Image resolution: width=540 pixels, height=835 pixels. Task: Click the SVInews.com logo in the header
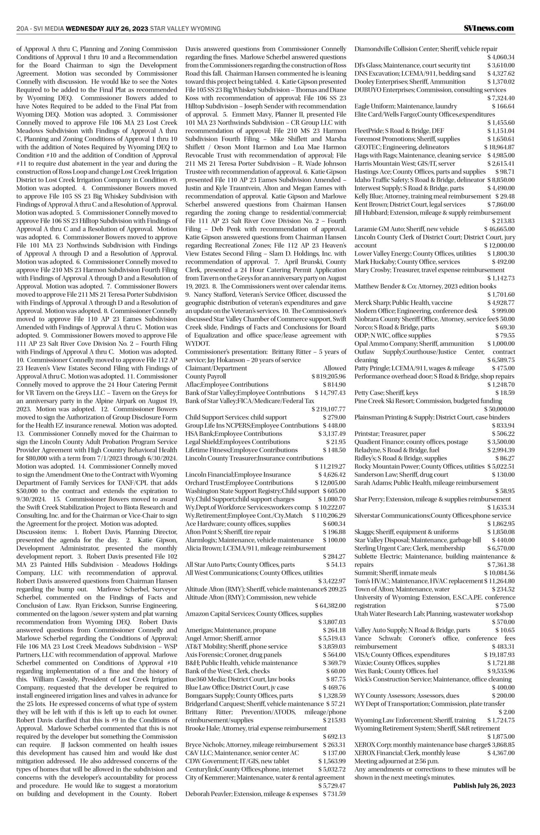[488, 29]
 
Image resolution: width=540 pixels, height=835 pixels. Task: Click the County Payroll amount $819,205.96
[328, 376]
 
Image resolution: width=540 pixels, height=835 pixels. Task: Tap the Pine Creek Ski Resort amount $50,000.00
[499, 409]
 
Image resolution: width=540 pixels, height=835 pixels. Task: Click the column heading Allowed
[335, 368]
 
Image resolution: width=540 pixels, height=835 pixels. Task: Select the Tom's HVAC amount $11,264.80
[499, 581]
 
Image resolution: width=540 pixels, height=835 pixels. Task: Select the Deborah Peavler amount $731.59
[334, 794]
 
